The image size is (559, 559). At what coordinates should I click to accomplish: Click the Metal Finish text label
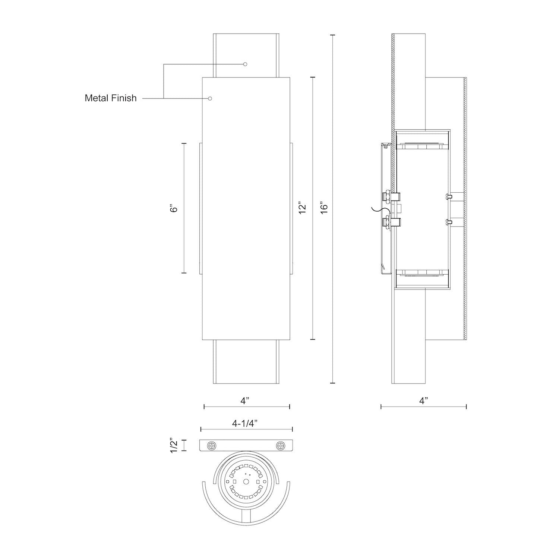pyautogui.click(x=111, y=98)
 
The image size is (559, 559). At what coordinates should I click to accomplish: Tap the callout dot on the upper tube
pyautogui.click(x=245, y=64)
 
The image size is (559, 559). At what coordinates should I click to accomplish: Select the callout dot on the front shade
pyautogui.click(x=210, y=98)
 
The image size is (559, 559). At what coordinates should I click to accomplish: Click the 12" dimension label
pyautogui.click(x=302, y=208)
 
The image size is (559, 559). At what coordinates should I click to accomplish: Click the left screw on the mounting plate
pyautogui.click(x=212, y=445)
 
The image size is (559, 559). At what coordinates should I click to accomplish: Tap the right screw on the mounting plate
pyautogui.click(x=280, y=445)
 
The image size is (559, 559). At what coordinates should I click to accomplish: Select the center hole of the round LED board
pyautogui.click(x=246, y=482)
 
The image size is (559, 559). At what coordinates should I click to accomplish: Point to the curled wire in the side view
pyautogui.click(x=379, y=211)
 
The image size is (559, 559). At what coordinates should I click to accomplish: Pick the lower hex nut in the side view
pyautogui.click(x=388, y=222)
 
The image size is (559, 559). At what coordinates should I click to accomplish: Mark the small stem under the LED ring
pyautogui.click(x=246, y=516)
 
